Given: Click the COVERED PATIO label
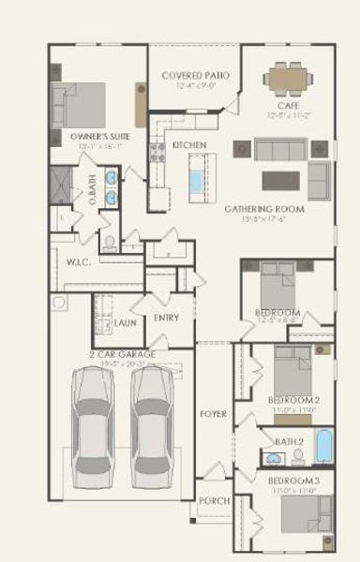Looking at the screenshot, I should [195, 75].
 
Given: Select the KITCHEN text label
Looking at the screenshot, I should [189, 145].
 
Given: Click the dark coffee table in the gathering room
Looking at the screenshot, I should [280, 181].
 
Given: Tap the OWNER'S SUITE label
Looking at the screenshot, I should [99, 136].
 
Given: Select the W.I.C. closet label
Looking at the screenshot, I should [79, 262].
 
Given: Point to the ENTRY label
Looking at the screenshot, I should [166, 318].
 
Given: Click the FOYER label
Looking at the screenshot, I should [213, 413].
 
